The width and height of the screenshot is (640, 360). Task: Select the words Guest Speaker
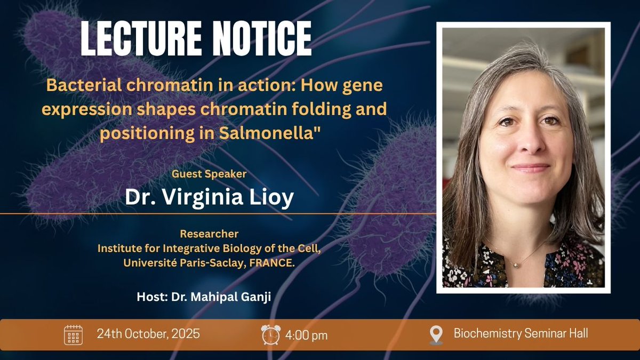209,174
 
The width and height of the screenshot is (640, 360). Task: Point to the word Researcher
209,234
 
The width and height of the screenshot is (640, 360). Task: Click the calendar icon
73,335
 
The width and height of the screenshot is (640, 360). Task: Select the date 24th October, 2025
148,334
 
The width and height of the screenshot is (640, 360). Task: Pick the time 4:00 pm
307,335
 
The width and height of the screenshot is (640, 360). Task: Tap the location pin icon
436,335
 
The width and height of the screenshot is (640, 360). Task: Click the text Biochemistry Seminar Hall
521,334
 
